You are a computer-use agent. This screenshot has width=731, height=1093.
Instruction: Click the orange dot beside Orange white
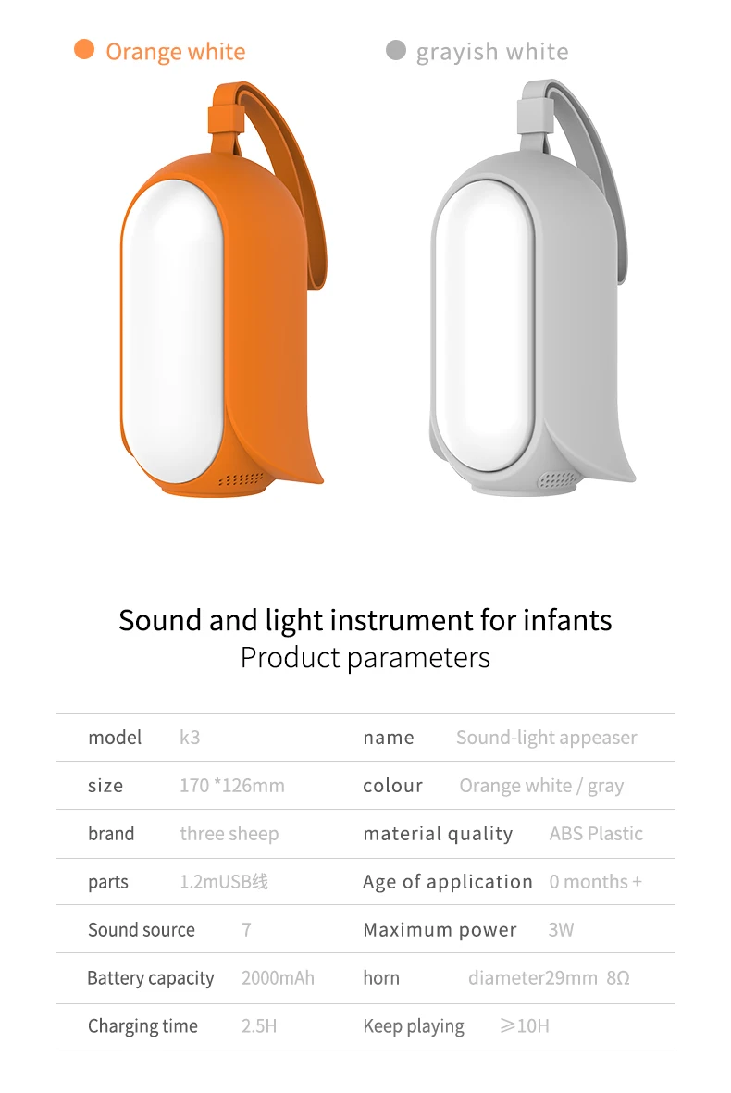click(x=84, y=49)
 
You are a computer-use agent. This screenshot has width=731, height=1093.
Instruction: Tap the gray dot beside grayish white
click(x=396, y=49)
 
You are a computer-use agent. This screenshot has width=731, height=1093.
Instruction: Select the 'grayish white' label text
click(x=491, y=52)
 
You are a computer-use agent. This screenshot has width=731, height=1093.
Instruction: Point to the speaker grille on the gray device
click(x=558, y=480)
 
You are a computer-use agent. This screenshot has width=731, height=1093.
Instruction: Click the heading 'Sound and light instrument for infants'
click(x=365, y=620)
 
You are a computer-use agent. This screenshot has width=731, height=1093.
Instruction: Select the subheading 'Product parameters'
click(x=365, y=658)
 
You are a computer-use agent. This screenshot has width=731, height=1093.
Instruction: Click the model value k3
click(x=190, y=738)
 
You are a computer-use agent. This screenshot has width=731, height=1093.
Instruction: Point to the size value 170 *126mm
click(x=231, y=786)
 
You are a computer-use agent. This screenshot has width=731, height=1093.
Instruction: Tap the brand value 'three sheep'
click(x=229, y=834)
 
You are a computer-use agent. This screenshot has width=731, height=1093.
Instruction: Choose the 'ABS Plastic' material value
click(x=596, y=834)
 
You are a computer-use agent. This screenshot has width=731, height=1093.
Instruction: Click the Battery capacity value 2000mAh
click(x=278, y=978)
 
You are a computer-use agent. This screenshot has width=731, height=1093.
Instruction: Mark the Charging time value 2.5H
click(x=259, y=1026)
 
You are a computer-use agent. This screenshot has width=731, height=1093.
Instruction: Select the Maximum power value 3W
click(x=561, y=930)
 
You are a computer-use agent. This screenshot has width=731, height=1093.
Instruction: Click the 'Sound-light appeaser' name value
click(x=546, y=738)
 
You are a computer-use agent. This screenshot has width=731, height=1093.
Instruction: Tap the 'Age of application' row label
click(x=448, y=882)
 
